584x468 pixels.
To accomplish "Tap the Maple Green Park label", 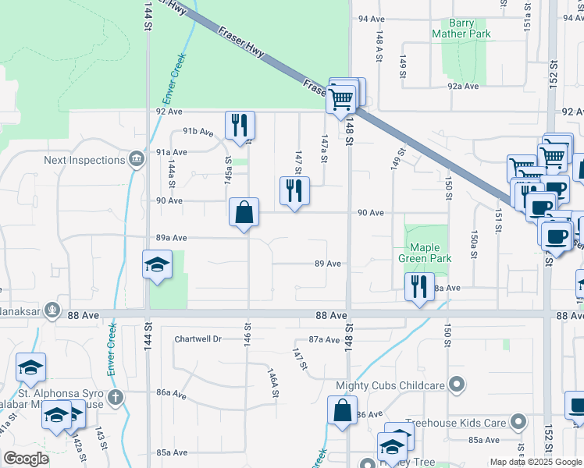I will (x=427, y=253).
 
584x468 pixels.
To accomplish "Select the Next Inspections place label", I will (x=84, y=160).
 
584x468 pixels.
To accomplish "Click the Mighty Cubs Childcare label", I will (x=390, y=385).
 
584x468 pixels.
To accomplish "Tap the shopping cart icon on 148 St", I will (x=341, y=99).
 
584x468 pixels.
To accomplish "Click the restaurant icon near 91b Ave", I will (x=240, y=125).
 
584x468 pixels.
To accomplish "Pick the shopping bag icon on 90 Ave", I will (x=244, y=211).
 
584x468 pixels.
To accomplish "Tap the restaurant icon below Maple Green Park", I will (x=419, y=287).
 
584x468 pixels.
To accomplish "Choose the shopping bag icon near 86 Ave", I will (x=342, y=409).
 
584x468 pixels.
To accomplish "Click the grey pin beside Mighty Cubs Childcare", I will (x=458, y=385).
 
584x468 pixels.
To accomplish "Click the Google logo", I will (x=27, y=458).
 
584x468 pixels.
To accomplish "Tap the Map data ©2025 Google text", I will (x=535, y=462).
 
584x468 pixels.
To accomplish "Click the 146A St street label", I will (x=273, y=384).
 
